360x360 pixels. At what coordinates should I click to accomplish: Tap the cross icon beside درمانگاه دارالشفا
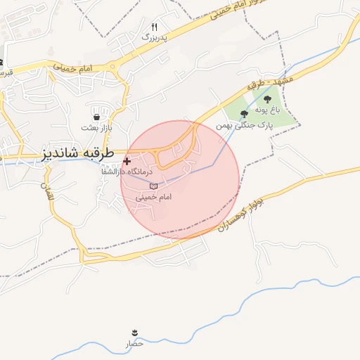coord(127,161)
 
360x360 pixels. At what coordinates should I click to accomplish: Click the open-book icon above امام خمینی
coord(153,186)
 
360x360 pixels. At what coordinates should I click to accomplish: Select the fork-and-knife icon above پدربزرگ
coord(155,26)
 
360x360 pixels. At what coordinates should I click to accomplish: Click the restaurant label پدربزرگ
coord(155,37)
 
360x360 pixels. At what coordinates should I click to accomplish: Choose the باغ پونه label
coord(267,110)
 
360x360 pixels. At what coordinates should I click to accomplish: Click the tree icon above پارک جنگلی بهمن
coord(244,113)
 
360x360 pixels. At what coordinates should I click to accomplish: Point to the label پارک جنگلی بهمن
coord(243,124)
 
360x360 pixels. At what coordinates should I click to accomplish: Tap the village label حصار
coord(134,344)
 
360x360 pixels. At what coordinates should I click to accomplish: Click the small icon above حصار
coord(134,332)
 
